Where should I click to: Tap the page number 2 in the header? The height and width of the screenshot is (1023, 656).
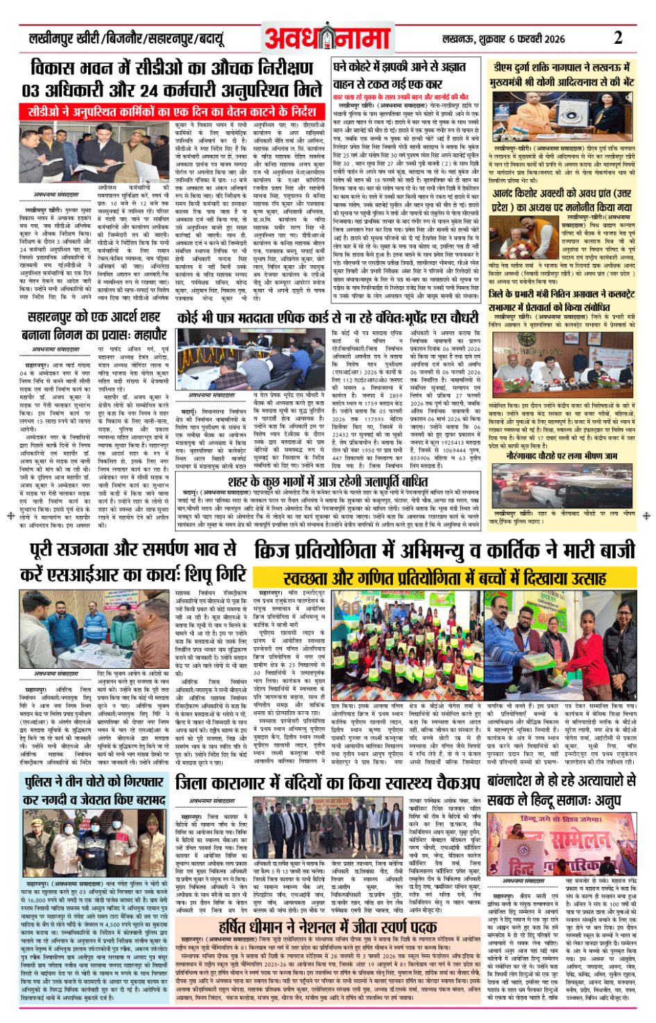[618, 38]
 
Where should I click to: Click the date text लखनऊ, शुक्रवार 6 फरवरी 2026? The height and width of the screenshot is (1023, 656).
[503, 40]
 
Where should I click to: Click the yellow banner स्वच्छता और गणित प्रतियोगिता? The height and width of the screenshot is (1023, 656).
[444, 577]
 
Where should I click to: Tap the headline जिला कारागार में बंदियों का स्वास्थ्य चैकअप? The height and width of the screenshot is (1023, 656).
[328, 783]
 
